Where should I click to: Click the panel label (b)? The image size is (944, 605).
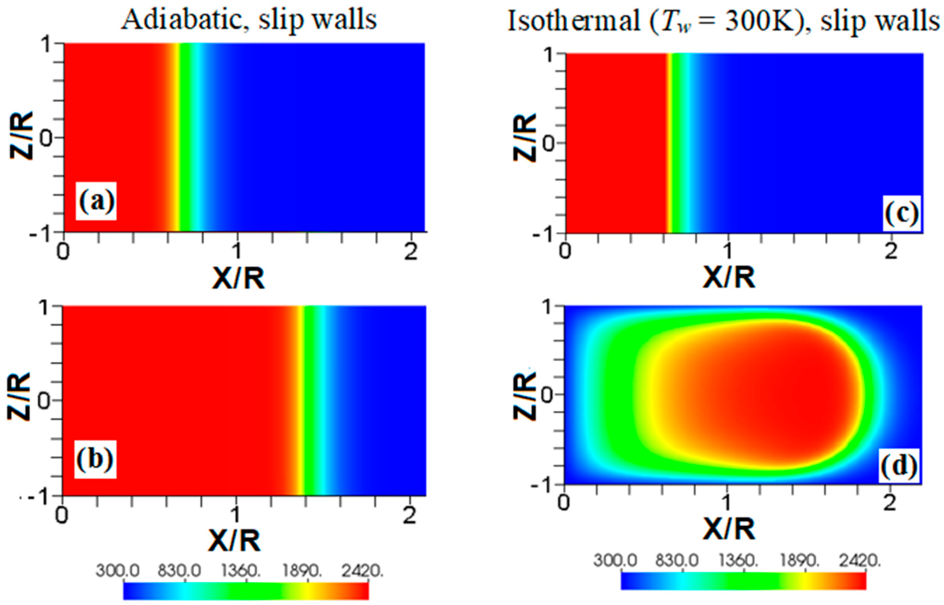95,459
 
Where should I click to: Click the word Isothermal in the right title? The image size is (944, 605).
574,21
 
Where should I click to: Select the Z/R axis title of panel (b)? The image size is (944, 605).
20,397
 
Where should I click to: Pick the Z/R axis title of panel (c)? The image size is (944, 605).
525,138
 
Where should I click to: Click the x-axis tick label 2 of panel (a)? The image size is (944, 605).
411,252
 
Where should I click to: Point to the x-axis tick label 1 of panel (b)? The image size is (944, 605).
235,515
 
